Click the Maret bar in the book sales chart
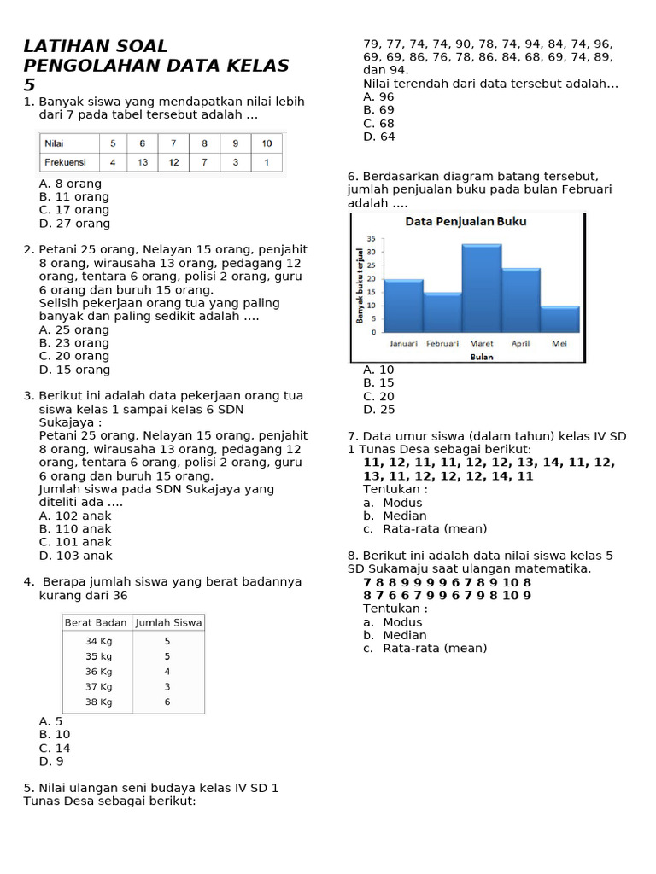(482, 288)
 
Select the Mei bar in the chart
(559, 319)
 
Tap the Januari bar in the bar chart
(403, 306)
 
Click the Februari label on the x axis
(442, 343)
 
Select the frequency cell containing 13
(143, 162)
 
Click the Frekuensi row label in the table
(66, 162)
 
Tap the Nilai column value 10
(266, 143)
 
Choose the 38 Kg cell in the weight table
(98, 702)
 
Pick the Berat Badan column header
(96, 623)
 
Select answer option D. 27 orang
(74, 224)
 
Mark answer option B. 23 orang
(74, 343)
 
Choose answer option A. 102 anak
(75, 516)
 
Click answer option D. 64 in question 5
(378, 137)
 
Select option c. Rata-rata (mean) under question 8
(425, 648)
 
